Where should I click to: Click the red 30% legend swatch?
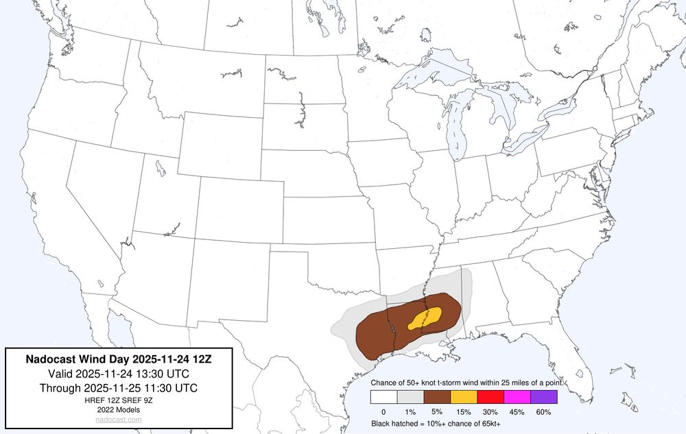coord(490,396)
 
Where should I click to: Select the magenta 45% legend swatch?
coord(517,396)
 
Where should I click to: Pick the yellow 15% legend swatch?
coord(464,396)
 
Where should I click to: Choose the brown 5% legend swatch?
coord(437,396)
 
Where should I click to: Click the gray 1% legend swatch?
coord(410,396)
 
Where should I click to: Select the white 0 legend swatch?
coord(383,396)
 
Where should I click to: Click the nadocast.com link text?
coord(119,419)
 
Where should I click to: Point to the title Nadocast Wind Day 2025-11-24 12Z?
coord(119,358)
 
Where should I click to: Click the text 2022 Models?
coord(119,409)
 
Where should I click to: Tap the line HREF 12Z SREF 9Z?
coord(119,400)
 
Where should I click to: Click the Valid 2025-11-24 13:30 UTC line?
coord(119,373)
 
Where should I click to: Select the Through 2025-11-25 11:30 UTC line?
coord(119,387)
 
